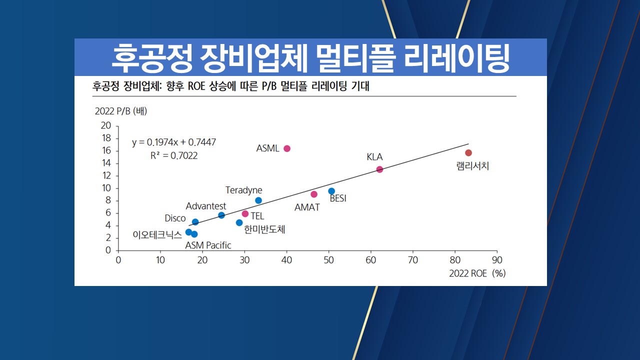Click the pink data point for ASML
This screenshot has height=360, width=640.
click(x=287, y=148)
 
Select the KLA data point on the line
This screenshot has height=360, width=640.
click(x=379, y=169)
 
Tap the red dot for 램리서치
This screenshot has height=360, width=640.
click(x=468, y=153)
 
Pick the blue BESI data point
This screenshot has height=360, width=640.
click(x=331, y=191)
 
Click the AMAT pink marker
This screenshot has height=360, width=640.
click(x=314, y=194)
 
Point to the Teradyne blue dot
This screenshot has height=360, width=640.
click(x=258, y=200)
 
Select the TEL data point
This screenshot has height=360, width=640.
click(x=245, y=214)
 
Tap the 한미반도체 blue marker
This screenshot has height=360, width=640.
click(x=239, y=222)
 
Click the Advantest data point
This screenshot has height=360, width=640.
click(x=221, y=215)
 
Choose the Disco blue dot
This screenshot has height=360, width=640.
click(x=195, y=222)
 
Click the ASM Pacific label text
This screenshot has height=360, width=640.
click(x=208, y=245)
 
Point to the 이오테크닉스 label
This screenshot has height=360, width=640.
click(x=157, y=233)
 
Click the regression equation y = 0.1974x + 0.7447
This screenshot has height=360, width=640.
click(x=174, y=142)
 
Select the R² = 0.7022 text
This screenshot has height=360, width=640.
click(x=174, y=155)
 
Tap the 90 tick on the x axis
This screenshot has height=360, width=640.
click(x=497, y=260)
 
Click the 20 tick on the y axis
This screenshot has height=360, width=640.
click(x=106, y=125)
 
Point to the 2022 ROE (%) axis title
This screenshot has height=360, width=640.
click(x=475, y=273)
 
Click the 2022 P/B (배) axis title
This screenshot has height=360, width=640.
click(x=121, y=111)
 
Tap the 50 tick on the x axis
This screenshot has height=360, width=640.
click(x=328, y=260)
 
